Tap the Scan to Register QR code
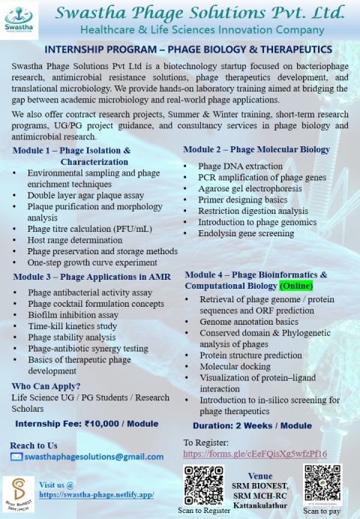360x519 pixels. [x=199, y=481]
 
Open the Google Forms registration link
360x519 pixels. [x=255, y=454]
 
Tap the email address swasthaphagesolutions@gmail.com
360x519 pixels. [x=94, y=456]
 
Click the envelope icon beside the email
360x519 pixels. [x=16, y=456]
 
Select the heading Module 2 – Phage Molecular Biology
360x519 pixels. [x=256, y=149]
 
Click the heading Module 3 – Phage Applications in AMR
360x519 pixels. [x=91, y=277]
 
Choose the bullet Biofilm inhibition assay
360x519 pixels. [x=73, y=315]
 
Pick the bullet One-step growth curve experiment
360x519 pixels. [x=92, y=262]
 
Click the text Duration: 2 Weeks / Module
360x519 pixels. [x=258, y=425]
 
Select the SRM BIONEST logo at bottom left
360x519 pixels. [x=18, y=493]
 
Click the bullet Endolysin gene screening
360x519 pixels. [x=247, y=233]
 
